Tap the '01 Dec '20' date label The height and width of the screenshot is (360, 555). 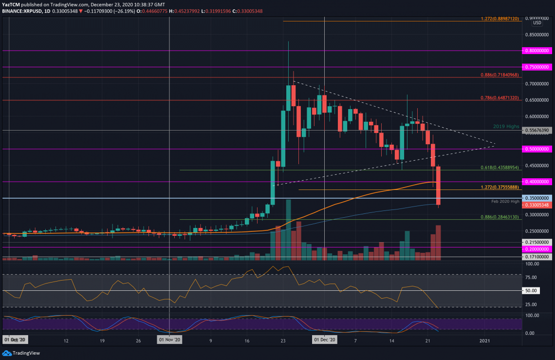[324, 340]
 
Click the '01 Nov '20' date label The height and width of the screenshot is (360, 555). [169, 340]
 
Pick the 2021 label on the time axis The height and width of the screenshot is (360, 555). [485, 340]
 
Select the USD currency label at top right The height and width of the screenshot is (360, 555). [537, 23]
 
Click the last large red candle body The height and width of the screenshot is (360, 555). [438, 186]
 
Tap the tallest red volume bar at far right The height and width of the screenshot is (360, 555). [438, 243]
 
